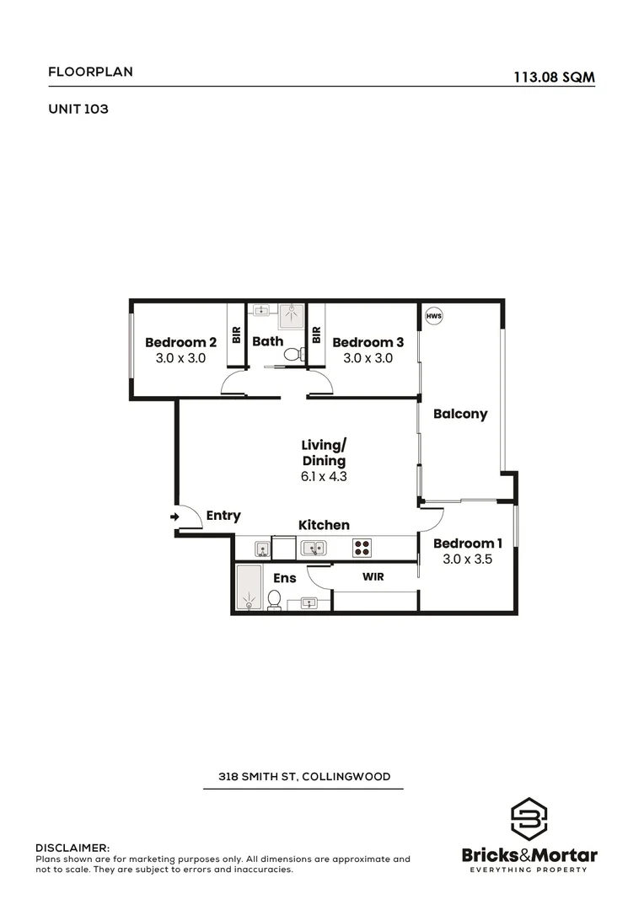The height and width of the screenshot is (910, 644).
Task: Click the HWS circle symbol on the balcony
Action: tap(434, 317)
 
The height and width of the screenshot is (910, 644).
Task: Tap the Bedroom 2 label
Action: tap(180, 342)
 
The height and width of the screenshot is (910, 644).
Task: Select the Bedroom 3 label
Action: tap(368, 342)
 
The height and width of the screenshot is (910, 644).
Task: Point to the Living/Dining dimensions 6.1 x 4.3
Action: tap(324, 476)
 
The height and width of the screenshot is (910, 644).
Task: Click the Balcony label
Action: tap(460, 414)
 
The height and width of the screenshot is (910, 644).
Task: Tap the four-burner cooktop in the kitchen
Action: tap(362, 548)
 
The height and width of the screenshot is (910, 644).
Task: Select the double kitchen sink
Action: tap(314, 548)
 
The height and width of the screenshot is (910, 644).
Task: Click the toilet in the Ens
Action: tap(274, 599)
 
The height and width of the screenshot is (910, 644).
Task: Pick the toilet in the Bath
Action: tap(292, 355)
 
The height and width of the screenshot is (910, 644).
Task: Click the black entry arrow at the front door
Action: tap(174, 517)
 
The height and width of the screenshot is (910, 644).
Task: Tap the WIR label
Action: tap(374, 578)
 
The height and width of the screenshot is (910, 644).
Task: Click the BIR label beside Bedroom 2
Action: tap(236, 335)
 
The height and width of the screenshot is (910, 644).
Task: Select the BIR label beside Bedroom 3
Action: tap(316, 335)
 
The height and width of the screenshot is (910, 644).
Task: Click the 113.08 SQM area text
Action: tap(554, 77)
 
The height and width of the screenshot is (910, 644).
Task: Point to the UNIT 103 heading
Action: tap(78, 109)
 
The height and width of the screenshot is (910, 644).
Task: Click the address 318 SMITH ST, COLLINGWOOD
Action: tap(303, 776)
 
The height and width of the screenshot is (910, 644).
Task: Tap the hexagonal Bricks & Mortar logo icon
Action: tap(529, 819)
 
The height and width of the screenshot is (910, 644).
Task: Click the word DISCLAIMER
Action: tap(72, 847)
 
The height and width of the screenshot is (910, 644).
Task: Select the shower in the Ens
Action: tap(249, 587)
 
